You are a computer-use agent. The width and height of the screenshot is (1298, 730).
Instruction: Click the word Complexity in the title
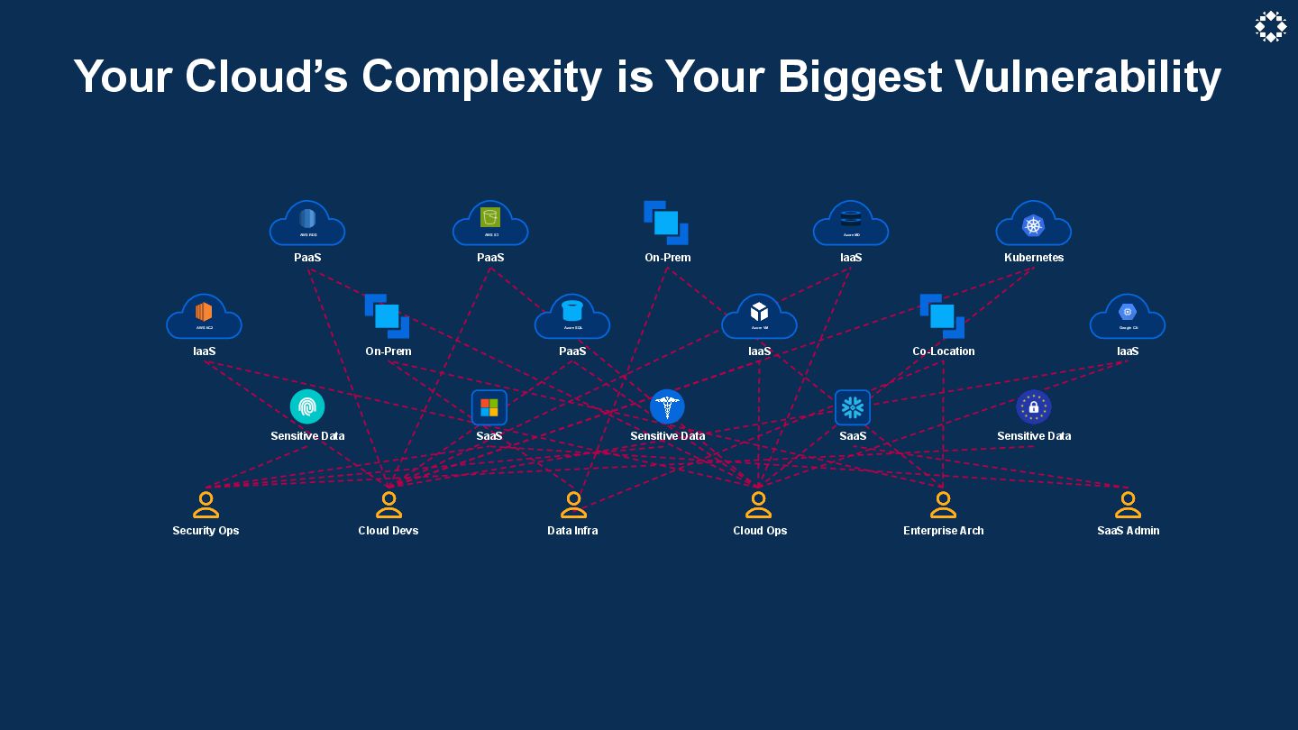pyautogui.click(x=481, y=78)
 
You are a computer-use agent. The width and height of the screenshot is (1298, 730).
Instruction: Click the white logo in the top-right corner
pyautogui.click(x=1270, y=27)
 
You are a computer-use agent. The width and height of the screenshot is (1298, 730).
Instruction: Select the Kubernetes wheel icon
pyautogui.click(x=1033, y=225)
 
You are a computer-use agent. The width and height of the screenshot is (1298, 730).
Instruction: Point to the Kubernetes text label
pyautogui.click(x=1034, y=258)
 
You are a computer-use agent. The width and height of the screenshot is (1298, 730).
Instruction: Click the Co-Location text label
pyautogui.click(x=943, y=351)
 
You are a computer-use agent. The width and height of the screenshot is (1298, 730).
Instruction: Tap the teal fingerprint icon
pyautogui.click(x=307, y=407)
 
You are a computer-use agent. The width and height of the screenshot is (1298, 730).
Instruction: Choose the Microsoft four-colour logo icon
pyautogui.click(x=489, y=407)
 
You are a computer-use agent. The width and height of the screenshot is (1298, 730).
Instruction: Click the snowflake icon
pyautogui.click(x=853, y=407)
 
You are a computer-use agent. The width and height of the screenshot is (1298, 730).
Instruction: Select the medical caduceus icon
pyautogui.click(x=667, y=407)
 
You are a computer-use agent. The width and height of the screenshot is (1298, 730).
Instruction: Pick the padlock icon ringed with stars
pyautogui.click(x=1034, y=407)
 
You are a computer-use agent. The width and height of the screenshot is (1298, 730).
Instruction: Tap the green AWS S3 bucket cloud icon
pyautogui.click(x=490, y=220)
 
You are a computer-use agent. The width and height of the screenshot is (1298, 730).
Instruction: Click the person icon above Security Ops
pyautogui.click(x=206, y=505)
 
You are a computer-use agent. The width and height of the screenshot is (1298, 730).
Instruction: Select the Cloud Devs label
pyautogui.click(x=388, y=531)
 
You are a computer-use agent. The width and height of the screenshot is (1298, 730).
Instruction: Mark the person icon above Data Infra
pyautogui.click(x=573, y=505)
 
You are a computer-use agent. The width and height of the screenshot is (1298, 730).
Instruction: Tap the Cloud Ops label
pyautogui.click(x=760, y=531)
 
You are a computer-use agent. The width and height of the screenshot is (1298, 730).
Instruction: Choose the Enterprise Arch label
pyautogui.click(x=944, y=531)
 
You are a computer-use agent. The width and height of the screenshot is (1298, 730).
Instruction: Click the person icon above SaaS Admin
pyautogui.click(x=1128, y=505)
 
